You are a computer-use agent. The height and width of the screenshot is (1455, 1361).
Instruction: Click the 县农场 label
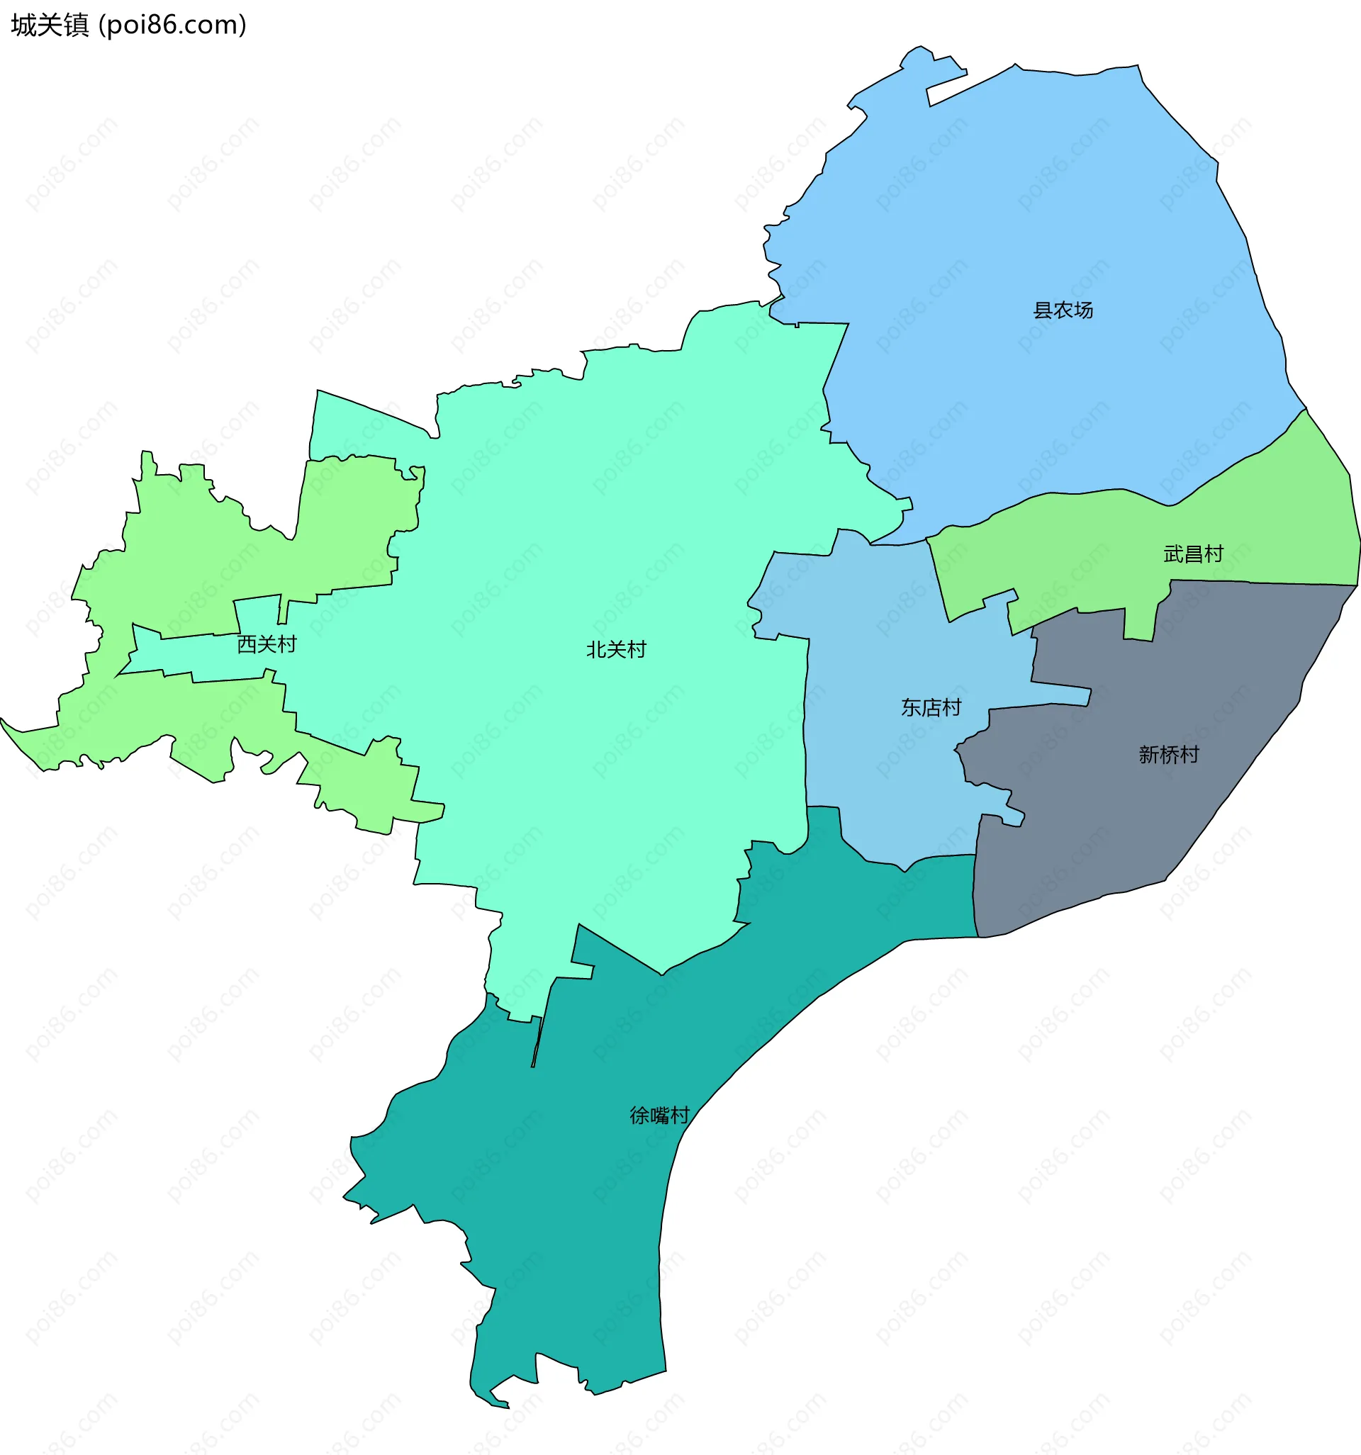coord(1063,310)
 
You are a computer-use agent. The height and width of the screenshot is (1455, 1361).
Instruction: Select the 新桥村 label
coord(1168,755)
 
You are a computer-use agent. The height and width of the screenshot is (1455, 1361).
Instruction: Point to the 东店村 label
coord(931,708)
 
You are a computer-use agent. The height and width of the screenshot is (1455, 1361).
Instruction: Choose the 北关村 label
coord(616,649)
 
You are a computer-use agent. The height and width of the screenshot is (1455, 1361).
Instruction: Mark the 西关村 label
coord(267,644)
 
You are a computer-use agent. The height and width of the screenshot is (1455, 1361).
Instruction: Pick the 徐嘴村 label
coord(659,1116)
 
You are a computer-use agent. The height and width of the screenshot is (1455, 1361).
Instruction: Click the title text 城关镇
coord(50,26)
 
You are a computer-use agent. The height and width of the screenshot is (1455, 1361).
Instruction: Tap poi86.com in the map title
coord(173,26)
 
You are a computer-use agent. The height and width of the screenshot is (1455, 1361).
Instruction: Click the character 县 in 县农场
coord(1043,310)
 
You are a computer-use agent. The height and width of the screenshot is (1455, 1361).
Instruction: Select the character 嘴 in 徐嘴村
coord(659,1116)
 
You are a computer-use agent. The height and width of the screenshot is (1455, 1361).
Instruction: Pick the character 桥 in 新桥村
coord(1168,755)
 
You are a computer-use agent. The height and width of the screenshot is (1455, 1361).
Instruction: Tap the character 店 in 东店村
coord(931,708)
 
